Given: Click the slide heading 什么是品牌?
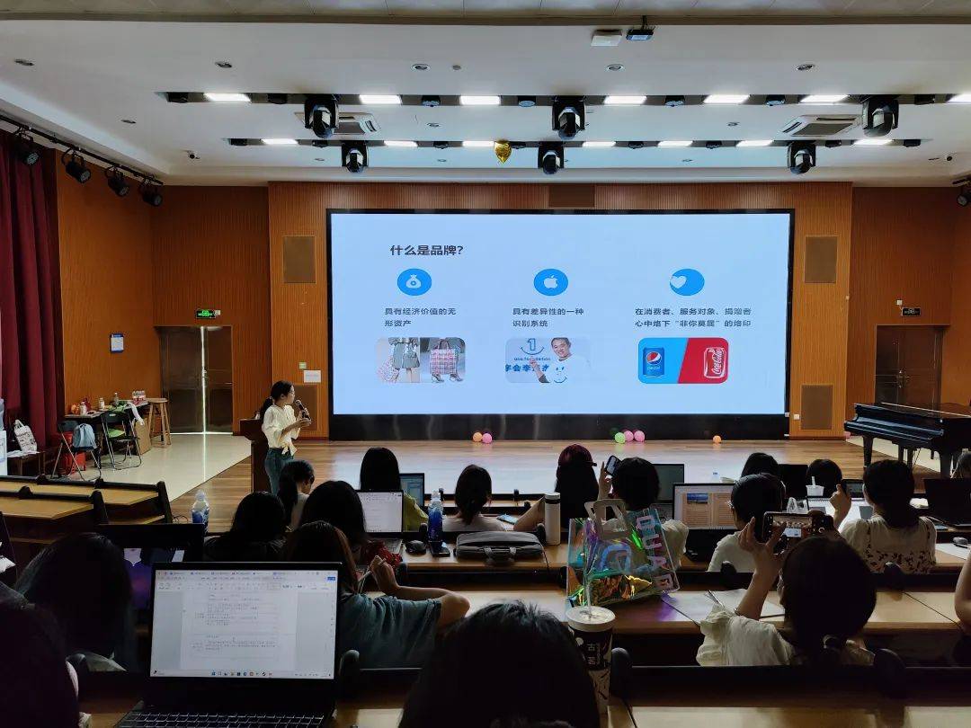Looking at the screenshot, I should [x=426, y=251].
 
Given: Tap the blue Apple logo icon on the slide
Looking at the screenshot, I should [x=550, y=282].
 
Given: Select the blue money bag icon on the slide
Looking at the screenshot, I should [x=414, y=282].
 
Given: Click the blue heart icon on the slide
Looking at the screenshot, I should [x=687, y=282].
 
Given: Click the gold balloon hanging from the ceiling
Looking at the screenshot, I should [x=503, y=151].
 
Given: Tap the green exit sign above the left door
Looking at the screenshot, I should [x=208, y=314].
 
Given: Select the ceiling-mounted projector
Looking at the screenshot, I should [x=639, y=33].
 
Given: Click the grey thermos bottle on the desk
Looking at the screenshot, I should [x=552, y=519].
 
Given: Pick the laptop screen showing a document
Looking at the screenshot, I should [x=245, y=621].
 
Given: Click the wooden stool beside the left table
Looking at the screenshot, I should [x=159, y=420].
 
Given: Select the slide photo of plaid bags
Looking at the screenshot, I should [x=421, y=360].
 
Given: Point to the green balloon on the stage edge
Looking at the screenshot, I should [x=619, y=438].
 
